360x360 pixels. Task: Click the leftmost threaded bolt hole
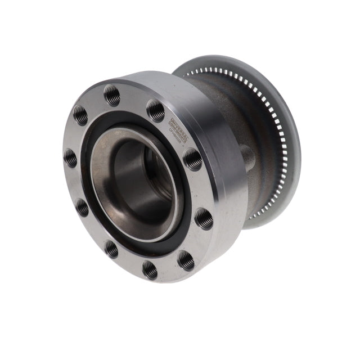tap(70, 157)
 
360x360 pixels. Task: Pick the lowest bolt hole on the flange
tap(150, 269)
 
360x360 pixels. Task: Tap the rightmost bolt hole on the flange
tap(204, 218)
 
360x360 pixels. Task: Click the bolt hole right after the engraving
tap(192, 159)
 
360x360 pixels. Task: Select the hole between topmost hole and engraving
tap(156, 109)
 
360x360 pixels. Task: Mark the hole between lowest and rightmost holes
tap(186, 259)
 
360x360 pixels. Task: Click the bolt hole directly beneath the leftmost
tap(82, 207)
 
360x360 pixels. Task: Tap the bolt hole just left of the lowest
tap(111, 248)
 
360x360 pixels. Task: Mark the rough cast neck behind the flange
tap(236, 112)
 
